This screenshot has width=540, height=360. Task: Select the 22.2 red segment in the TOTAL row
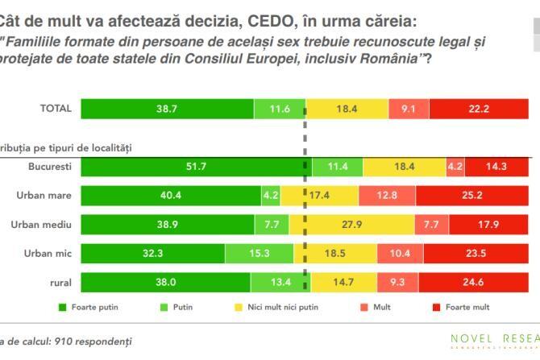pyautogui.click(x=484, y=109)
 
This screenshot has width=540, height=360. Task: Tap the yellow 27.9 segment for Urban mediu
pyautogui.click(x=359, y=224)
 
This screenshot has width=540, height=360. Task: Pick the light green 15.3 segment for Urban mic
pyautogui.click(x=259, y=253)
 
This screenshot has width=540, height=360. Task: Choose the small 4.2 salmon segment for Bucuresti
pyautogui.click(x=455, y=166)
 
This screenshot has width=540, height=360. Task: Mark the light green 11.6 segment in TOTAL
pyautogui.click(x=280, y=109)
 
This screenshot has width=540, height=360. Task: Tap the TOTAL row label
pyautogui.click(x=56, y=109)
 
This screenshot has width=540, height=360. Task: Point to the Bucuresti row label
pyautogui.click(x=49, y=166)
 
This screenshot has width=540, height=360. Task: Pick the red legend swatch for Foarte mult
pyautogui.click(x=439, y=307)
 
